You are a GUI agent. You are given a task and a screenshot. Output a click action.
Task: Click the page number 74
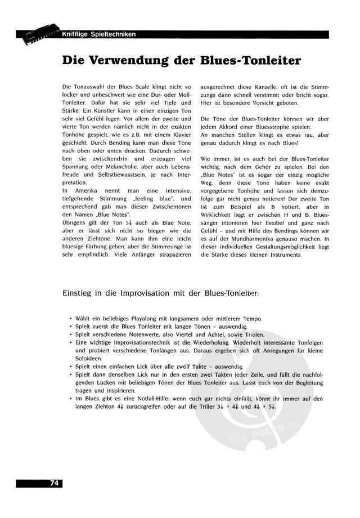tap(55, 483)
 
